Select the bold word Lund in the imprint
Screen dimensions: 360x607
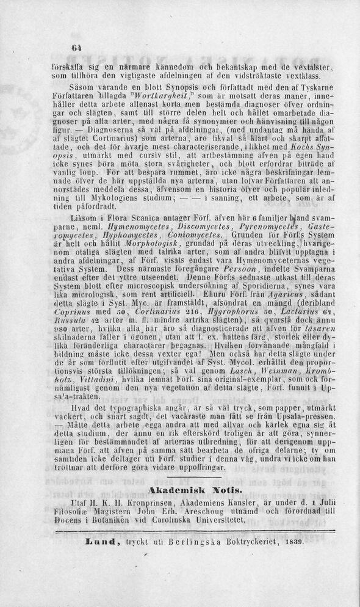tap(95, 542)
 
